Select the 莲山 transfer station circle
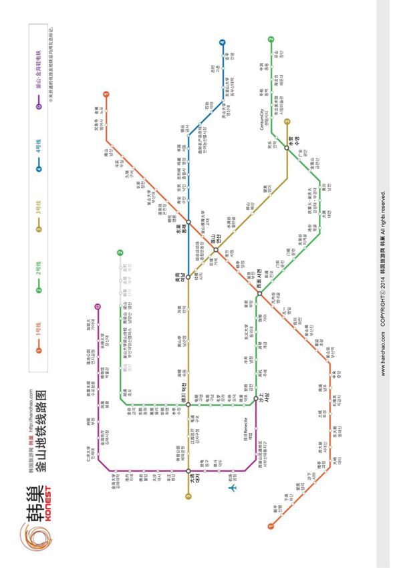(x=216, y=251)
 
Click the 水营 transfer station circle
(x=287, y=148)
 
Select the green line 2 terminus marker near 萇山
(x=271, y=39)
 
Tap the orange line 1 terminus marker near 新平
(x=271, y=526)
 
